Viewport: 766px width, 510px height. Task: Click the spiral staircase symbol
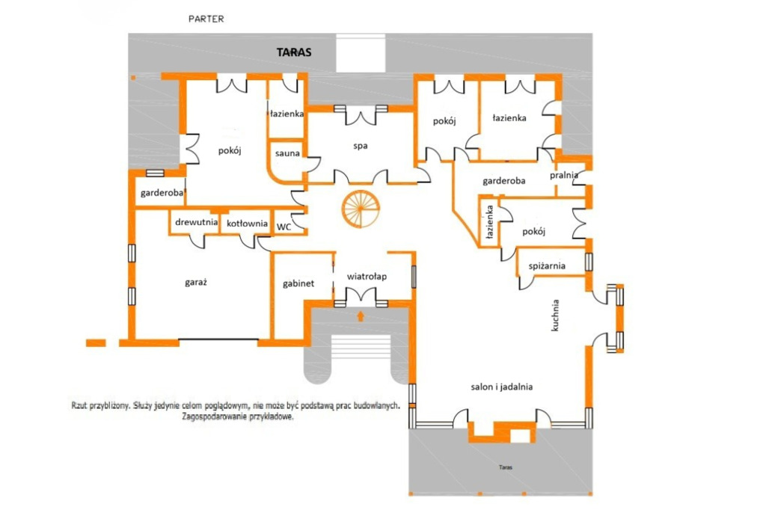[x=361, y=209]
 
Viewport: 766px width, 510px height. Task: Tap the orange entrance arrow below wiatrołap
[x=361, y=316]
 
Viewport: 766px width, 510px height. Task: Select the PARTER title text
[x=206, y=19]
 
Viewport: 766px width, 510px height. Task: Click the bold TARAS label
[x=294, y=52]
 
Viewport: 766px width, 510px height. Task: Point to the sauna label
[x=287, y=153]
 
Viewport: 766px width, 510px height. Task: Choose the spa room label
[x=361, y=146]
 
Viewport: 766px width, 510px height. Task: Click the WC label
[x=284, y=227]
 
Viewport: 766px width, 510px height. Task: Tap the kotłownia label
[x=247, y=224]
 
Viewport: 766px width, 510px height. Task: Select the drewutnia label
[x=197, y=222]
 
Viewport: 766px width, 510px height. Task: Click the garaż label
[x=196, y=283]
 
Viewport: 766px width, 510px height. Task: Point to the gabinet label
[x=298, y=284]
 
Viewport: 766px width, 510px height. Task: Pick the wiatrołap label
[x=367, y=277]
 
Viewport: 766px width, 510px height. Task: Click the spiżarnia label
[x=547, y=266]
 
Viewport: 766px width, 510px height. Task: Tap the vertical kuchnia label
[x=555, y=316]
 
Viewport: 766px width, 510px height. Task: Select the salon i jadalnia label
[x=502, y=387]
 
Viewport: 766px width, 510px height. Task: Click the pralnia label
[x=564, y=176]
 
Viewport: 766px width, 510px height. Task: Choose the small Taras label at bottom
[x=506, y=467]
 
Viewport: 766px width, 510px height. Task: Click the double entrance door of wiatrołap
[x=361, y=297]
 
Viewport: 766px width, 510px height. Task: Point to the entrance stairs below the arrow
[x=361, y=347]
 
